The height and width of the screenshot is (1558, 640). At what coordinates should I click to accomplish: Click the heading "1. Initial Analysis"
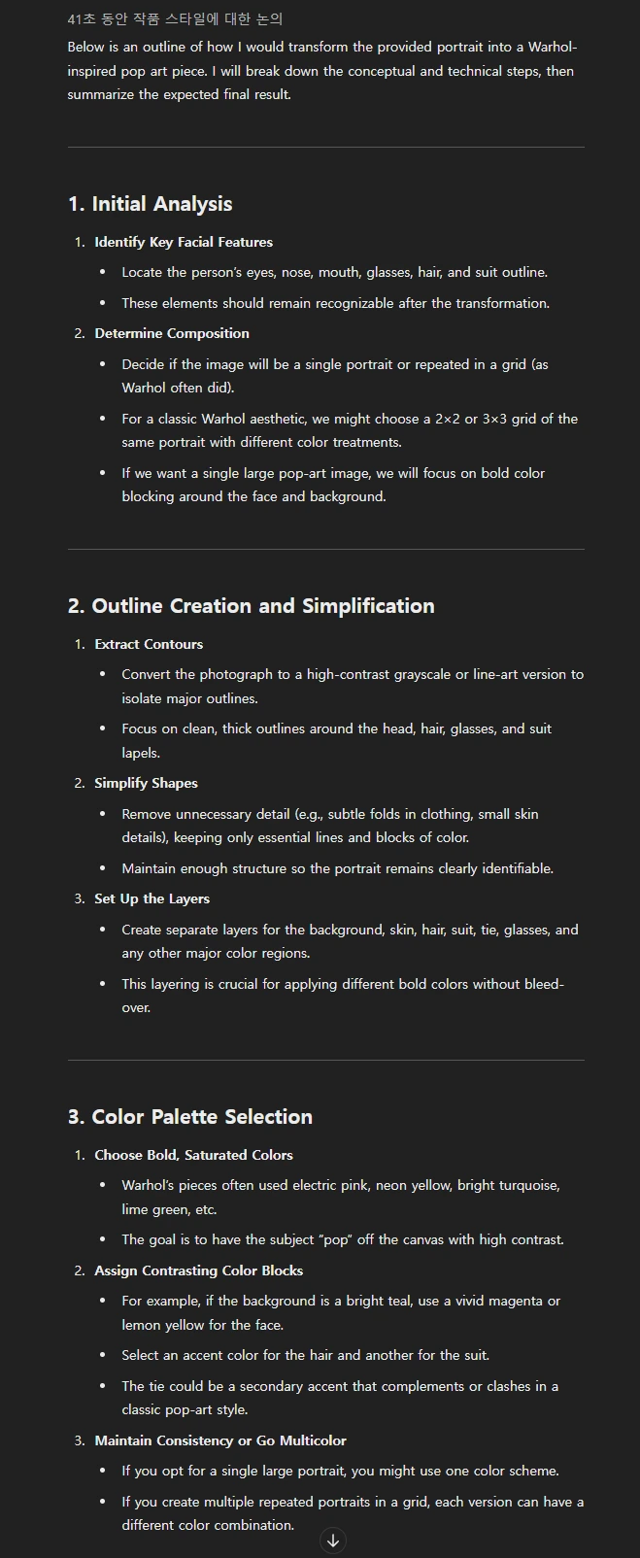(x=150, y=204)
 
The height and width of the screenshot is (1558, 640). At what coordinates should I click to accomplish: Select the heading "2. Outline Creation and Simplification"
(x=251, y=606)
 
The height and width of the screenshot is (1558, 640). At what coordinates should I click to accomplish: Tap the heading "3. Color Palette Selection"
(x=189, y=1117)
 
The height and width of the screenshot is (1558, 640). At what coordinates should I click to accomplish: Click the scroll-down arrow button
(x=333, y=1541)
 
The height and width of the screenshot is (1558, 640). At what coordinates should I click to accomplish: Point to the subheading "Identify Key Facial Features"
(x=184, y=242)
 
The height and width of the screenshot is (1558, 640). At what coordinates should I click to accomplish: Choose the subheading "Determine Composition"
(x=172, y=333)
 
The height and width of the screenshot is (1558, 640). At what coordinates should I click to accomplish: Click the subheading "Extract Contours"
(x=149, y=644)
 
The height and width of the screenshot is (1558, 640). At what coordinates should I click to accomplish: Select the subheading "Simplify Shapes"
(x=146, y=783)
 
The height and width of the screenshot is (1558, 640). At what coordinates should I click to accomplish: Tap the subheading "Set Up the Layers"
(x=152, y=898)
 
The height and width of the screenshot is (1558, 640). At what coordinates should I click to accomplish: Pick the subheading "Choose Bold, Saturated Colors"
(x=193, y=1155)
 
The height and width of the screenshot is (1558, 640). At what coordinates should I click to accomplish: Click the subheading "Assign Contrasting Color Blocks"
(x=198, y=1270)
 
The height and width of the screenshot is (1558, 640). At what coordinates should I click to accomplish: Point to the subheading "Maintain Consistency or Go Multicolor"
(x=220, y=1440)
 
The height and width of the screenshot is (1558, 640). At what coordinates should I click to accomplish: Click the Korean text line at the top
(x=175, y=19)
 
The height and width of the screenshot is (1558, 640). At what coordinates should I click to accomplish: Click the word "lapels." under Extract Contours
(x=141, y=753)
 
